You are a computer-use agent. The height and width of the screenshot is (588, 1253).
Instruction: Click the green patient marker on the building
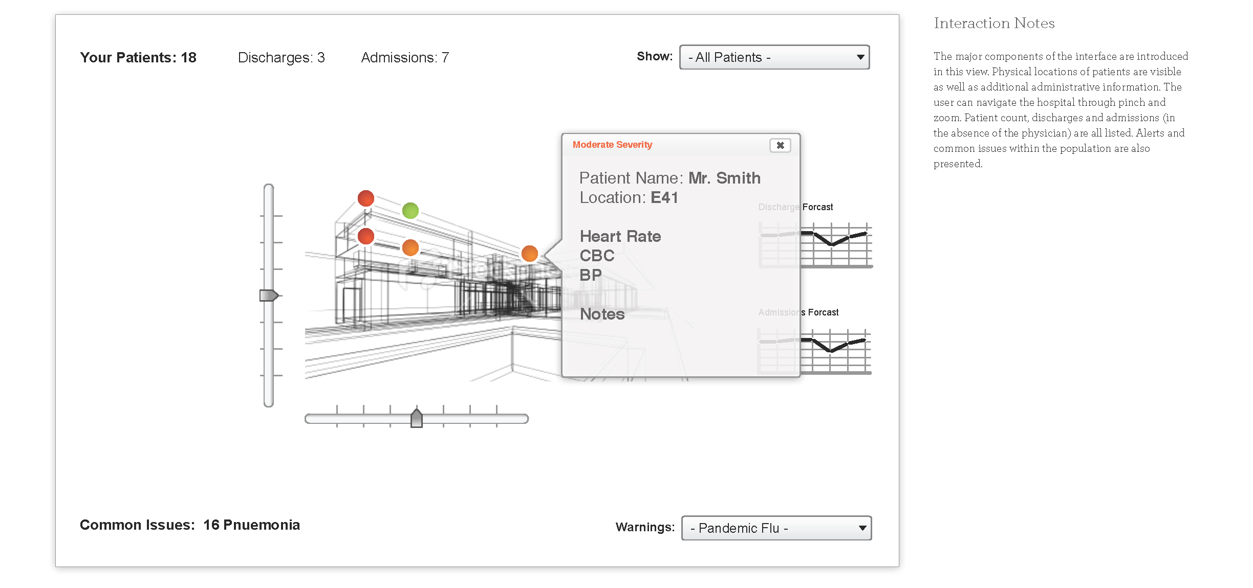pyautogui.click(x=411, y=210)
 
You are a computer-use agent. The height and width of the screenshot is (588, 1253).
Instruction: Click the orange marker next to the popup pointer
pyautogui.click(x=530, y=253)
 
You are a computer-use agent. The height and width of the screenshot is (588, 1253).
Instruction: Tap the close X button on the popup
pyautogui.click(x=780, y=145)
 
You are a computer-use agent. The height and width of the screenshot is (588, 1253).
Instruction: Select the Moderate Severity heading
pyautogui.click(x=612, y=145)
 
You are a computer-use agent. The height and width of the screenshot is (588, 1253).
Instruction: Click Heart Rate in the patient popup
pyautogui.click(x=620, y=236)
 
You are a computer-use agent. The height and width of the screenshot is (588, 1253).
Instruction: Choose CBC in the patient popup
pyautogui.click(x=597, y=256)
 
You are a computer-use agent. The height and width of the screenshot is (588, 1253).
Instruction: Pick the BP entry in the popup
pyautogui.click(x=591, y=275)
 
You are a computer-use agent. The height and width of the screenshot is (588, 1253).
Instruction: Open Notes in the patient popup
pyautogui.click(x=602, y=314)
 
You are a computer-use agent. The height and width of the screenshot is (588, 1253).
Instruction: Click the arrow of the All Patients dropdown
pyautogui.click(x=860, y=57)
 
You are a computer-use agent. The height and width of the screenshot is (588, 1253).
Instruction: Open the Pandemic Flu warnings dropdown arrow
pyautogui.click(x=862, y=528)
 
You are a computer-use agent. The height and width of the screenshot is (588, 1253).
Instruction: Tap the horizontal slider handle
pyautogui.click(x=417, y=418)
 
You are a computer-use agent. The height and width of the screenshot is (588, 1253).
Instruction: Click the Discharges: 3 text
pyautogui.click(x=281, y=58)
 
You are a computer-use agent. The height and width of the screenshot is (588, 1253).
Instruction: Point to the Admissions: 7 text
pyautogui.click(x=405, y=58)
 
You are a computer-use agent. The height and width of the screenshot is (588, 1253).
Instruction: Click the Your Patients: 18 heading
pyautogui.click(x=138, y=58)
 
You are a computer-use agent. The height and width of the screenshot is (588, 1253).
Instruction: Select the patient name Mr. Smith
pyautogui.click(x=724, y=178)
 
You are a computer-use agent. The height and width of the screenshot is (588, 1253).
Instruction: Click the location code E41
pyautogui.click(x=664, y=197)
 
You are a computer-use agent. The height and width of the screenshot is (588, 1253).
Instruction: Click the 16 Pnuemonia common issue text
pyautogui.click(x=251, y=525)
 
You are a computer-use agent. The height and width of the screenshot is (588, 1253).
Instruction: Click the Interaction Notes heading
pyautogui.click(x=994, y=24)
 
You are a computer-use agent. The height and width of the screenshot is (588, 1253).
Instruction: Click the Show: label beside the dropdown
pyautogui.click(x=654, y=56)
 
